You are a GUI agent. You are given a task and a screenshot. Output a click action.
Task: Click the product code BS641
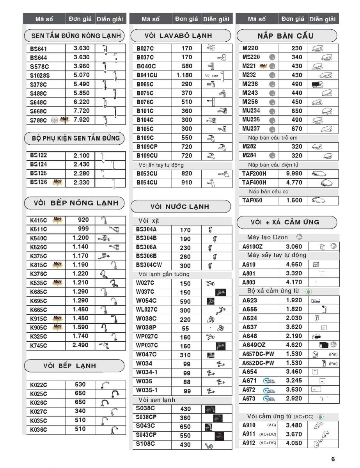39,49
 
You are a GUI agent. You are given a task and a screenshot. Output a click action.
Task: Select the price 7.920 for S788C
81,120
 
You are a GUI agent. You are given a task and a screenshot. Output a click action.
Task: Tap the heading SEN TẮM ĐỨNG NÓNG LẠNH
74,36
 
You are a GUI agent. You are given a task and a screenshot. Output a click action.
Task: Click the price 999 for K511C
83,229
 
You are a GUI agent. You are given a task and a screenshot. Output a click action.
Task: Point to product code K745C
39,346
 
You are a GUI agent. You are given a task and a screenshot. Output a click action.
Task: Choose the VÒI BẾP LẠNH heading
69,366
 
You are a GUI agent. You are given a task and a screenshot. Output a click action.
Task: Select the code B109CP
147,147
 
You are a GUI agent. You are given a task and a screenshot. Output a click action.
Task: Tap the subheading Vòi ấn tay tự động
161,165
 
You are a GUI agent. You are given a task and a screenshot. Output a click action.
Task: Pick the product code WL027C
147,310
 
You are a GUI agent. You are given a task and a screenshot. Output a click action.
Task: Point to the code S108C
145,444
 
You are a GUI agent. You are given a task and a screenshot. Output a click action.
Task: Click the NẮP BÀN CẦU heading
286,36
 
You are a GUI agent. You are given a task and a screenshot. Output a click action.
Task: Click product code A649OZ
254,345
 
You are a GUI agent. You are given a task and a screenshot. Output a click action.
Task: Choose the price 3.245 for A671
294,381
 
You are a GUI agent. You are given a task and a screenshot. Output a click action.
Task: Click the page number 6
333,459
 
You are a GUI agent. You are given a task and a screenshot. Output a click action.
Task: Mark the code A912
249,443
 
